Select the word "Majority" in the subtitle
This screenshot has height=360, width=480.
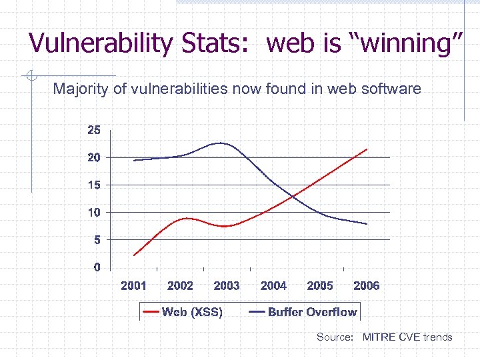coord(83,88)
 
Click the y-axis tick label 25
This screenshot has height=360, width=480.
coord(94,131)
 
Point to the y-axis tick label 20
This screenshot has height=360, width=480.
coord(94,158)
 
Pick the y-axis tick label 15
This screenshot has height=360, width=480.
coord(94,185)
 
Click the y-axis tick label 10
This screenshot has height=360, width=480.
coord(94,212)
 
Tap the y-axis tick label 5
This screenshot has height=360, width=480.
coord(97,239)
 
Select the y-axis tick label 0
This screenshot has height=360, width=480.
coord(97,267)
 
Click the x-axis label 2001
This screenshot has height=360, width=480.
coord(133,285)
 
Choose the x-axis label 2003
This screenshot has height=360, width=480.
coord(227,285)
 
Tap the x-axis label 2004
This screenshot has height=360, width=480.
coord(273,285)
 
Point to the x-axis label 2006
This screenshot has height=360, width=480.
coord(367,285)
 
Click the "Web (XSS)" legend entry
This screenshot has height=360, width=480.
coord(184,311)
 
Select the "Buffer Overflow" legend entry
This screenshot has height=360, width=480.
coord(303,311)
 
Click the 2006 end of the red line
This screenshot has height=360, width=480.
coord(367,149)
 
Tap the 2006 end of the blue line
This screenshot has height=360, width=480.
coord(367,223)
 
